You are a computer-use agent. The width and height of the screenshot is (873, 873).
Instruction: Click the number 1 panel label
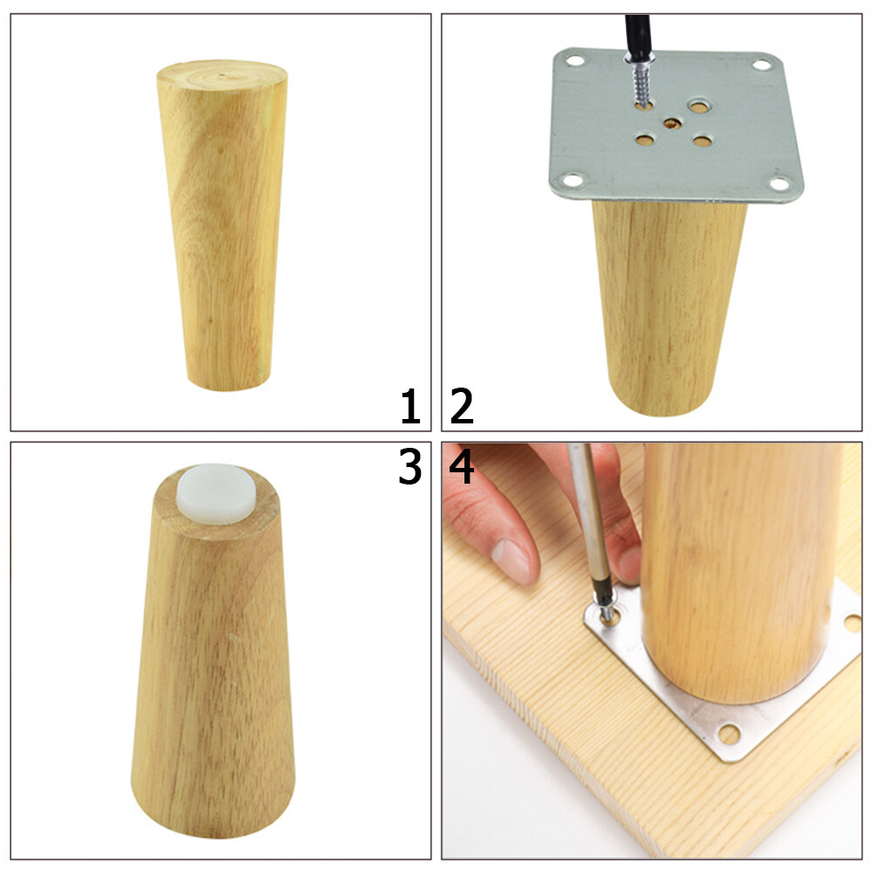tap(410, 408)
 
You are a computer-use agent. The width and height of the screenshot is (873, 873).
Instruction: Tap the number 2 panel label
tap(462, 408)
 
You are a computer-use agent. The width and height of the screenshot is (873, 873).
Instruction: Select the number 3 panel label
tap(410, 469)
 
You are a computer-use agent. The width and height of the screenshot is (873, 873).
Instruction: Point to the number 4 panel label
tap(462, 469)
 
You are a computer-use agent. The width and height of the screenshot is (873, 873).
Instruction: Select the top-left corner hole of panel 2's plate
tap(574, 62)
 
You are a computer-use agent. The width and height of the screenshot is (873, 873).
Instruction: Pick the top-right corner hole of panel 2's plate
tap(762, 64)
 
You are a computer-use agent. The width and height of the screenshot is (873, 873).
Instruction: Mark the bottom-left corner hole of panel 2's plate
tap(569, 182)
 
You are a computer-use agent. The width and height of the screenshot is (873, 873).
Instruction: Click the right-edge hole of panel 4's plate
tap(851, 623)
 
